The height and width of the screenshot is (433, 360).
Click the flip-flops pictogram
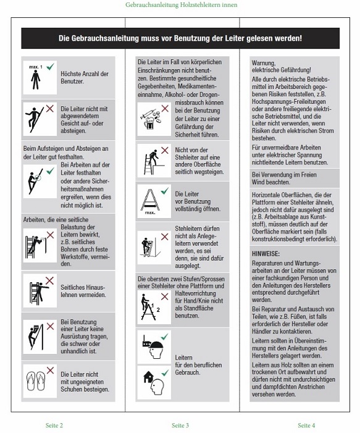pyautogui.click(x=36, y=381)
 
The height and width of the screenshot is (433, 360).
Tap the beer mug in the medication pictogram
pyautogui.click(x=149, y=124)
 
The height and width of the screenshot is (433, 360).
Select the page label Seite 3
pyautogui.click(x=180, y=425)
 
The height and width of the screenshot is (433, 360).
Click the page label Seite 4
pyautogui.click(x=306, y=425)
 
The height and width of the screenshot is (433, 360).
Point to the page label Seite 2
pyautogui.click(x=54, y=425)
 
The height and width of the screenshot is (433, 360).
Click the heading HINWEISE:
pyautogui.click(x=266, y=253)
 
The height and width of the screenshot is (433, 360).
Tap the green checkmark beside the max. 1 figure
pyautogui.click(x=50, y=67)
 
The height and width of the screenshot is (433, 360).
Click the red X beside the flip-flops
pyautogui.click(x=50, y=370)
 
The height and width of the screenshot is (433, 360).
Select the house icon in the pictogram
pyautogui.click(x=149, y=377)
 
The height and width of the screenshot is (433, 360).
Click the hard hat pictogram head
pyautogui.click(x=154, y=350)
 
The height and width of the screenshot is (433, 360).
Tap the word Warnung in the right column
pyautogui.click(x=264, y=63)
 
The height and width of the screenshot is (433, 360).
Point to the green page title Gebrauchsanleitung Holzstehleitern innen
pyautogui.click(x=182, y=5)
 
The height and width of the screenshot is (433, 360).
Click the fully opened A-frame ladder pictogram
pyautogui.click(x=151, y=201)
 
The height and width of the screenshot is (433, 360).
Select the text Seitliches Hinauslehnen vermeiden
pyautogui.click(x=83, y=291)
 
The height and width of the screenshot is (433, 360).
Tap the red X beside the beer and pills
pyautogui.click(x=165, y=108)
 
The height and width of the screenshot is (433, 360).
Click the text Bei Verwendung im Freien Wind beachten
pyautogui.click(x=284, y=178)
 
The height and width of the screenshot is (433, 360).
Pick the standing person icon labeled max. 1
pyautogui.click(x=35, y=80)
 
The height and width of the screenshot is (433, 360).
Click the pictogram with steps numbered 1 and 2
pyautogui.click(x=151, y=307)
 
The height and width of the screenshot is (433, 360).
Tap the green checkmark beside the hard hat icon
pyautogui.click(x=164, y=337)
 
